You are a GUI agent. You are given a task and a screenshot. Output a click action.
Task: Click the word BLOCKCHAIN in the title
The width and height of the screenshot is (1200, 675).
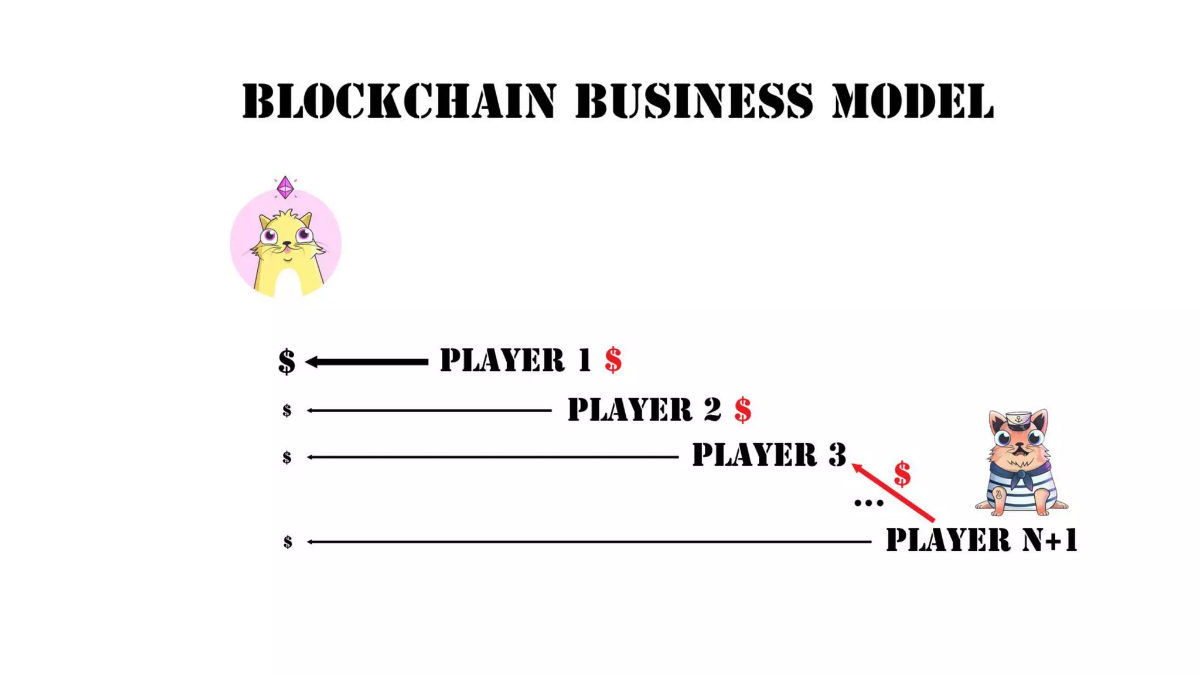pos(398,101)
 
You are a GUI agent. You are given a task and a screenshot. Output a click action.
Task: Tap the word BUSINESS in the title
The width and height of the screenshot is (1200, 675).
pos(694,101)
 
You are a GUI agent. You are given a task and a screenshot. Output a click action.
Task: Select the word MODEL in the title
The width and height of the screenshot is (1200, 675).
pos(913,101)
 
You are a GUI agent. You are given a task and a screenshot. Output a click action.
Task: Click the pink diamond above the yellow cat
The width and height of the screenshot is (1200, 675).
pos(285,187)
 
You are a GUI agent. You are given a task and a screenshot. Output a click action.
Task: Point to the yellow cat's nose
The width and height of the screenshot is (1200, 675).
pos(287,243)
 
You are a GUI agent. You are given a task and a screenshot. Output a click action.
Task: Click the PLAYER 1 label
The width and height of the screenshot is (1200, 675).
pos(516,360)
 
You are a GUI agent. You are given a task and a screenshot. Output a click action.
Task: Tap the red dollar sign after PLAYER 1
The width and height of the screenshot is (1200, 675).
pos(613,360)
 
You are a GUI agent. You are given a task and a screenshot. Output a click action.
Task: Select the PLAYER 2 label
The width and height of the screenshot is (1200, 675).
pos(645,409)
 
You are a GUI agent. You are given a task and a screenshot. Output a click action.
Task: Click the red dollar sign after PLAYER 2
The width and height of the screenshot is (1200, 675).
pos(743,410)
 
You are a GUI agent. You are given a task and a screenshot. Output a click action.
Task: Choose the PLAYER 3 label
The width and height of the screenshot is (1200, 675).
pos(769,455)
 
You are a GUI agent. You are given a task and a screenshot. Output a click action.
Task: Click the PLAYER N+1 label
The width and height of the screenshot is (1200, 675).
pos(981,540)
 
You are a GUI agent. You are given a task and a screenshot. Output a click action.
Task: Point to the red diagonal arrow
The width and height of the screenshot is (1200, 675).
pos(893,492)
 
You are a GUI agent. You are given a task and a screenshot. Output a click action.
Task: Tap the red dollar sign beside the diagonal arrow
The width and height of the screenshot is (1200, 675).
pos(902,474)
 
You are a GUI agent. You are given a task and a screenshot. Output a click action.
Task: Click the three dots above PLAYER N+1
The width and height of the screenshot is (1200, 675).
pos(868,503)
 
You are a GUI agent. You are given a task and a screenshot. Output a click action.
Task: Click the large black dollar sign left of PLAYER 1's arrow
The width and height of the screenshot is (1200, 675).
pos(287,361)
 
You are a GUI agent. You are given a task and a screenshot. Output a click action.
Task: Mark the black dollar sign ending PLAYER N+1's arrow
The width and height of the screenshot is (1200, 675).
pos(288,542)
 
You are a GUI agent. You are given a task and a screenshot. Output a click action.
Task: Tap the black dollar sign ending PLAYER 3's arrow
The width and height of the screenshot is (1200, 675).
pos(287,457)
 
